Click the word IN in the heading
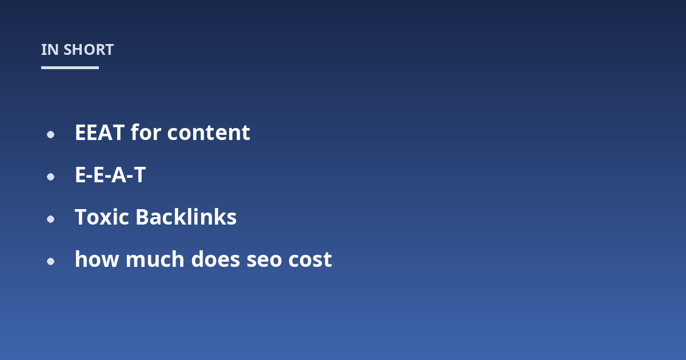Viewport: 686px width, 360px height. [x=50, y=50]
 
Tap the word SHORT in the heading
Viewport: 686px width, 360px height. [x=89, y=50]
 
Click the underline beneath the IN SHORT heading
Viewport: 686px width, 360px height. [x=70, y=67]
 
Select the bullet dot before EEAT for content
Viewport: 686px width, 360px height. [x=50, y=134]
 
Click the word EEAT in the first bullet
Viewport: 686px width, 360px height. [x=99, y=133]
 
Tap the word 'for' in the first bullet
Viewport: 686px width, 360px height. [x=146, y=132]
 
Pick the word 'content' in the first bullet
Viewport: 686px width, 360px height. [x=209, y=133]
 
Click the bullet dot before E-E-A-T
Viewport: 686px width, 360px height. [x=50, y=177]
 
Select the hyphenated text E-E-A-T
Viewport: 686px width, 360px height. [x=110, y=175]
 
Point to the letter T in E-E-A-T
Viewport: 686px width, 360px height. [x=139, y=175]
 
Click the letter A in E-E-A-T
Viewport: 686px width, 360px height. [x=118, y=175]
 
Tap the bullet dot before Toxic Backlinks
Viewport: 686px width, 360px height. [x=50, y=219]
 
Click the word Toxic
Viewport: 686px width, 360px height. [x=102, y=217]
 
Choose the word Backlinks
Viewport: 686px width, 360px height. [x=186, y=217]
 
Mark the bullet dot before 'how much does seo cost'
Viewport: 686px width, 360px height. [x=50, y=262]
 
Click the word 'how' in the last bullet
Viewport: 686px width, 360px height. [x=97, y=259]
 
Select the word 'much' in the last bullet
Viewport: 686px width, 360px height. [x=155, y=259]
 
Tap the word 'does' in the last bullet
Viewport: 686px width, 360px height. [x=216, y=259]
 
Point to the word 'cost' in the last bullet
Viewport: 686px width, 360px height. [x=310, y=259]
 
